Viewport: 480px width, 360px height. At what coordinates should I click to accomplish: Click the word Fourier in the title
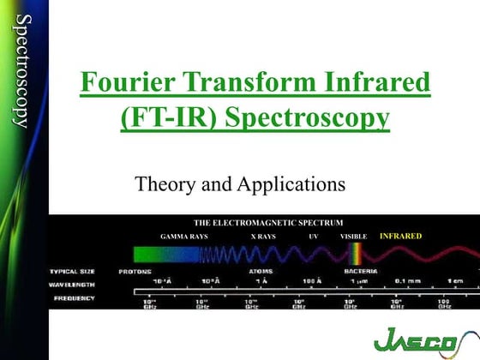[123, 84]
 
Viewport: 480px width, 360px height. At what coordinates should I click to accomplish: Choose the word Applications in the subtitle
[289, 183]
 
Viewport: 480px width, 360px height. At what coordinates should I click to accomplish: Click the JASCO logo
[418, 340]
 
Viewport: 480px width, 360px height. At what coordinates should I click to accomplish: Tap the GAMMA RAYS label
[184, 235]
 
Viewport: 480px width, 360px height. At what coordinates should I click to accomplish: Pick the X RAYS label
[263, 235]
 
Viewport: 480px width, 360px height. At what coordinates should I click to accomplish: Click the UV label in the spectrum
[314, 235]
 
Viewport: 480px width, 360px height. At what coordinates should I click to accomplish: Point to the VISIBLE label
[353, 235]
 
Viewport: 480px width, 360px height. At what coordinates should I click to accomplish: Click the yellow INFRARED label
[401, 234]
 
